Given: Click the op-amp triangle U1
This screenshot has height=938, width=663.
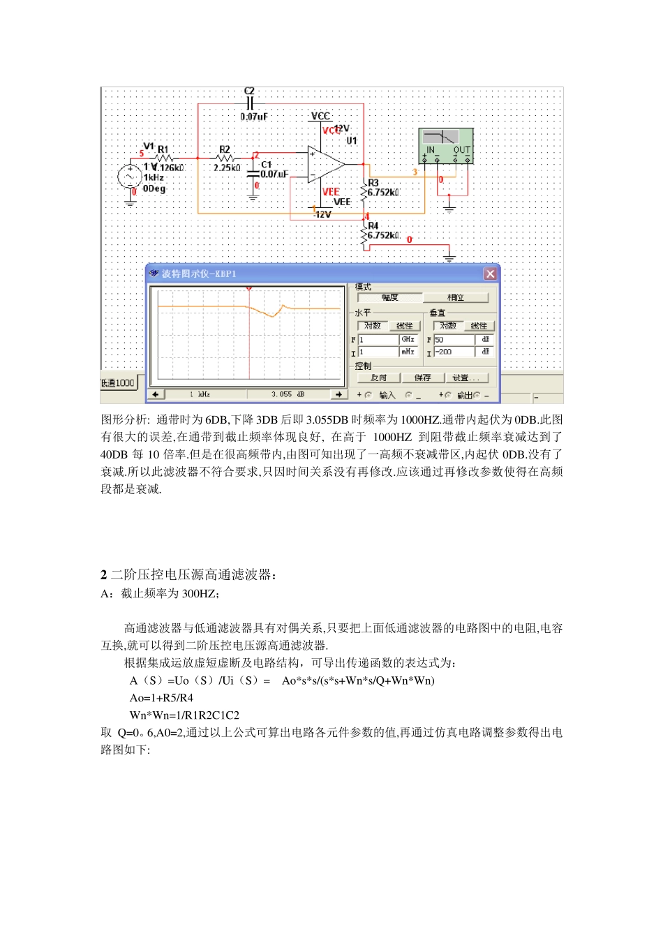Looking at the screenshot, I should pyautogui.click(x=325, y=165).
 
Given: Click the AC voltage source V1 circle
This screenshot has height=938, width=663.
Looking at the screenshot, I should pyautogui.click(x=130, y=177).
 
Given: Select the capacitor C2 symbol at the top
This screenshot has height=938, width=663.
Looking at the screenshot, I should pyautogui.click(x=250, y=103).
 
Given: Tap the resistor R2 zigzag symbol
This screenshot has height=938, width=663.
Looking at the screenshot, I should pyautogui.click(x=225, y=158).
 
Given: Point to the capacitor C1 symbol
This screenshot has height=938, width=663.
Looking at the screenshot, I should pyautogui.click(x=253, y=174).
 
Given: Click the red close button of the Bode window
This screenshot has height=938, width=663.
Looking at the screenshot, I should pyautogui.click(x=490, y=274).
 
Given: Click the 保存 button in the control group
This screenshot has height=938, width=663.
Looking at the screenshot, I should pyautogui.click(x=423, y=378).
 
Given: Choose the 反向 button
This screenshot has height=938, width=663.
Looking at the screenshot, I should pyautogui.click(x=379, y=378).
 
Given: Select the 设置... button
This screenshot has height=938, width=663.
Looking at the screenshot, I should pyautogui.click(x=465, y=378).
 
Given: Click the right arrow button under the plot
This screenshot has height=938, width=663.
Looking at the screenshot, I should pyautogui.click(x=338, y=394).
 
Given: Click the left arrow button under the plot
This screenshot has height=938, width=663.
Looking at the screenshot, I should pyautogui.click(x=156, y=394).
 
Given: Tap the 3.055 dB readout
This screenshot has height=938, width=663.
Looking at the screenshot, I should pyautogui.click(x=288, y=394).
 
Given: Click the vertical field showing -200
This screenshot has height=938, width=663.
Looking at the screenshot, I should pyautogui.click(x=454, y=352).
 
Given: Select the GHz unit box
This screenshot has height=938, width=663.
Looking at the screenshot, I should pyautogui.click(x=408, y=339).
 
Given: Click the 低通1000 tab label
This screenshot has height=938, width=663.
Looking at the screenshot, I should pyautogui.click(x=118, y=383).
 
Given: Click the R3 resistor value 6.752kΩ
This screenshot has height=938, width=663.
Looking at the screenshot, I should pyautogui.click(x=384, y=192).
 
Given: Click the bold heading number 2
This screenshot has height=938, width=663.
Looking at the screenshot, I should pyautogui.click(x=104, y=575).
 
